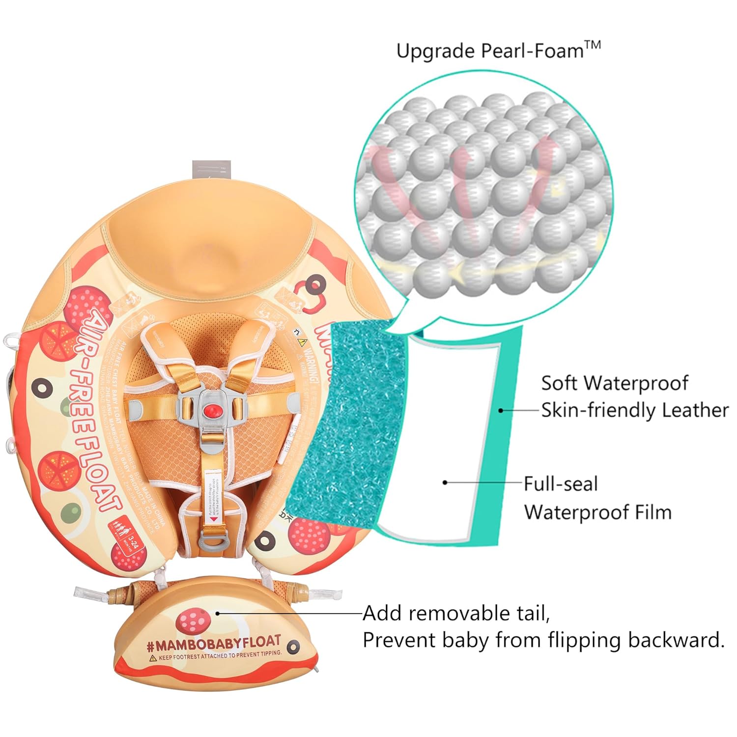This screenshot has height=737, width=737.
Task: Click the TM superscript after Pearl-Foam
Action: pyautogui.click(x=593, y=45)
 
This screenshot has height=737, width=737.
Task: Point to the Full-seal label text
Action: pyautogui.click(x=561, y=484)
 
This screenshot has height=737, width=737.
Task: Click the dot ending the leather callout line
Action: pyautogui.click(x=501, y=410)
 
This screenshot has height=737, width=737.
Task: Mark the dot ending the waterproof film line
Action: pyautogui.click(x=445, y=482)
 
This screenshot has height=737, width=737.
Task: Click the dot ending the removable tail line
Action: pyautogui.click(x=218, y=613)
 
